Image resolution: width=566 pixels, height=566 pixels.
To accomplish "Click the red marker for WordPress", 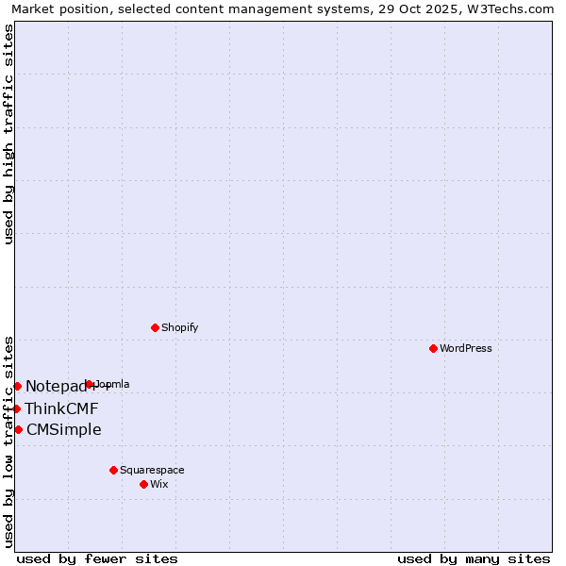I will pyautogui.click(x=433, y=349).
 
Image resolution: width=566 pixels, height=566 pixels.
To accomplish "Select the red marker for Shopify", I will pyautogui.click(x=155, y=328).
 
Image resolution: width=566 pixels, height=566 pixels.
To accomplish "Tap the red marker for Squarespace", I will pyautogui.click(x=113, y=470).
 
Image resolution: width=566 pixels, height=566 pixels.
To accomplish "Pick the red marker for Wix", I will pyautogui.click(x=143, y=484).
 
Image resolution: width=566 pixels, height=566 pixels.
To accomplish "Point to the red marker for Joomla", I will pyautogui.click(x=90, y=384).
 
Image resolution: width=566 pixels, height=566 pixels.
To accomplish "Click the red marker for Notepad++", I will pyautogui.click(x=17, y=386).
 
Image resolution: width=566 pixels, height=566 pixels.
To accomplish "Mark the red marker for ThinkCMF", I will pyautogui.click(x=16, y=408).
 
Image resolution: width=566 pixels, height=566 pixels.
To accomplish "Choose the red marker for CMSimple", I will pyautogui.click(x=18, y=430).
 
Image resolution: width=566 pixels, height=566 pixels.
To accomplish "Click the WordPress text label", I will pyautogui.click(x=466, y=349).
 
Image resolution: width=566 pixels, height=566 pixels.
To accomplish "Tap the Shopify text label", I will pyautogui.click(x=180, y=328).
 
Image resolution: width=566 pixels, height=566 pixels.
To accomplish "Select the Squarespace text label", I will pyautogui.click(x=152, y=470).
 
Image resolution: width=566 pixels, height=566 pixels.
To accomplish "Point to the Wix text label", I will pyautogui.click(x=159, y=484).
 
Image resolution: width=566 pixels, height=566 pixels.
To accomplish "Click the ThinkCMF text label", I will pyautogui.click(x=61, y=408).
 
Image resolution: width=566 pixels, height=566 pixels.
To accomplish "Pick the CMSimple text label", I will pyautogui.click(x=64, y=430).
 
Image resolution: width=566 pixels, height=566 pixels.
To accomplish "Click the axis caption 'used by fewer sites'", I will pyautogui.click(x=97, y=558).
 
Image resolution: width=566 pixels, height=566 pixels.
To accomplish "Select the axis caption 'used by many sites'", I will pyautogui.click(x=474, y=558).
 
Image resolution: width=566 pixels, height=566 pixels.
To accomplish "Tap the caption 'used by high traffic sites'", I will pyautogui.click(x=8, y=134).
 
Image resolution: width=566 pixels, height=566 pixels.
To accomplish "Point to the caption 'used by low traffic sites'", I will pyautogui.click(x=8, y=441).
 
